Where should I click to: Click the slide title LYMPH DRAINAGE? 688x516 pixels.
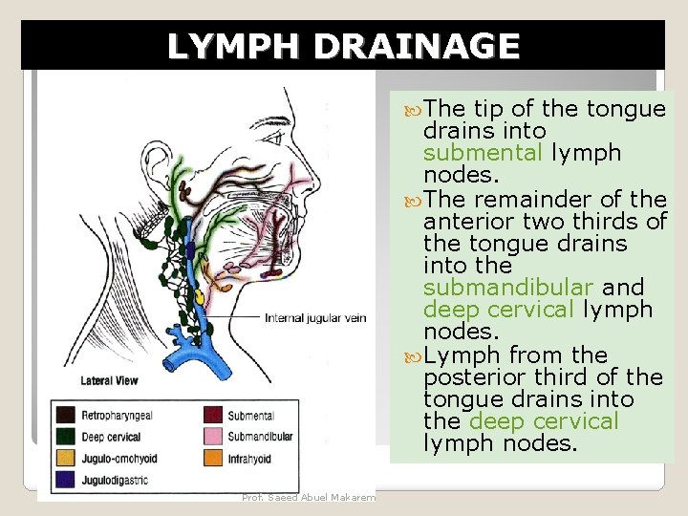coord(343,46)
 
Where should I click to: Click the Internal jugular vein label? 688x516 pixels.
coord(314,318)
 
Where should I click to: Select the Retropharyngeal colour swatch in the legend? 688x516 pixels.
coord(66,415)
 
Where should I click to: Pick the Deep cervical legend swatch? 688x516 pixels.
coord(66,437)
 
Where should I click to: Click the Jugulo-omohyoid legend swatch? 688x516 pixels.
coord(66,459)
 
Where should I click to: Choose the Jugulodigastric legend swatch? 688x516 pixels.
coord(66,480)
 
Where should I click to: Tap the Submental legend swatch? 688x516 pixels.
coord(213,415)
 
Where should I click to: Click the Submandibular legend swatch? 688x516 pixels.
coord(213,437)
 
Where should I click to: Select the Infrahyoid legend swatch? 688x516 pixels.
coord(213,459)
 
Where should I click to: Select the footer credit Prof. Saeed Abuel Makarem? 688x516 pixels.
coord(309,497)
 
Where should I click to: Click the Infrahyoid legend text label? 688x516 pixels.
coord(250,460)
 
